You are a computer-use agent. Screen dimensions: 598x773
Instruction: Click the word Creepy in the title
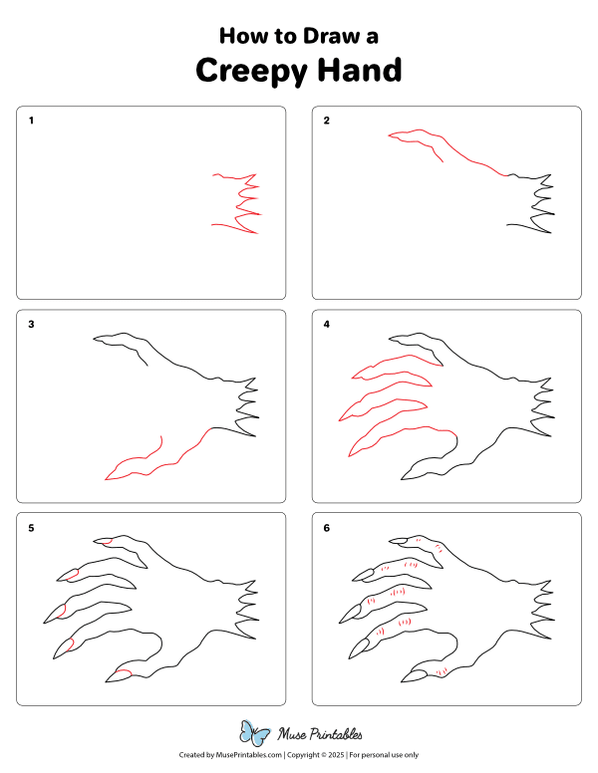coord(251,72)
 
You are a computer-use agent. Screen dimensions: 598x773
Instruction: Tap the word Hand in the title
coord(360,70)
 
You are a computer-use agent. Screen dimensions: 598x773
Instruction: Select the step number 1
coord(31,121)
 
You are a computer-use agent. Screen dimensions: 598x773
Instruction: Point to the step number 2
coord(326,121)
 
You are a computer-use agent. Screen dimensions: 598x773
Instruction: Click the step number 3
coord(31,324)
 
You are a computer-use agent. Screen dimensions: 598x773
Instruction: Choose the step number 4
coord(326,324)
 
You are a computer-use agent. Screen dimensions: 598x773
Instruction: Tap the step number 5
coord(31,528)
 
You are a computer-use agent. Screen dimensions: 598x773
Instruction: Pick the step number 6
coord(326,528)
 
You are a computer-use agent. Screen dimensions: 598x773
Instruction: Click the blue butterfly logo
coord(254,733)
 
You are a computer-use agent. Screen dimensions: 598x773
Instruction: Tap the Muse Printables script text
coord(320,734)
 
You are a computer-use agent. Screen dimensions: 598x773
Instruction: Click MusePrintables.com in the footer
coord(249,755)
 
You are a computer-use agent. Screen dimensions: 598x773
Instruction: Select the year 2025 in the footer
coord(336,755)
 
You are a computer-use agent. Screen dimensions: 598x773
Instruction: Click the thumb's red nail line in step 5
coord(124,671)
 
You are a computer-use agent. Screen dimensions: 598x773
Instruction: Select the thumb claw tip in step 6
coord(402,681)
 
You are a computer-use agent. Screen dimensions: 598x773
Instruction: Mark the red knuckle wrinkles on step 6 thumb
coord(442,671)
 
